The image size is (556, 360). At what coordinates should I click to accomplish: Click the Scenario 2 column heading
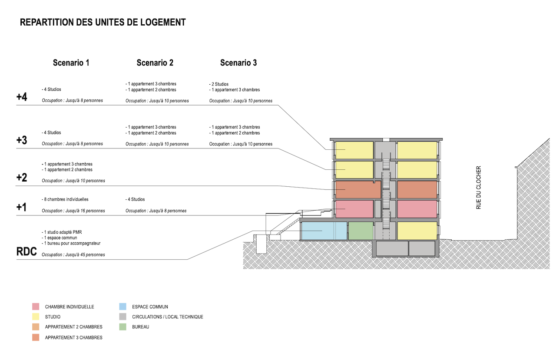[x=155, y=63]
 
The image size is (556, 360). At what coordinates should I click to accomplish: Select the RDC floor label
[x=26, y=252]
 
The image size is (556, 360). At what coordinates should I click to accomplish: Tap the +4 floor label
[x=22, y=97]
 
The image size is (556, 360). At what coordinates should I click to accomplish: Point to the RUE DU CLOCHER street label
[x=479, y=188]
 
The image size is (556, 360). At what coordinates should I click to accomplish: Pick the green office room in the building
[x=361, y=231]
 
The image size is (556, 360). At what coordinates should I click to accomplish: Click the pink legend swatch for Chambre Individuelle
[x=36, y=307]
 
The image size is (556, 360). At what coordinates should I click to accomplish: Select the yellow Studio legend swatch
[x=36, y=317]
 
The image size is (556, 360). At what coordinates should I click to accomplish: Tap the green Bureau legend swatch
[x=123, y=327]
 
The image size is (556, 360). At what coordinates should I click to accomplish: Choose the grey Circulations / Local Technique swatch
[x=123, y=317]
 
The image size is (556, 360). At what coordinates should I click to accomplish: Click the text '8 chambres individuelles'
[x=66, y=199]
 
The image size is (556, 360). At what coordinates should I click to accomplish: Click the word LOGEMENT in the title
[x=162, y=22]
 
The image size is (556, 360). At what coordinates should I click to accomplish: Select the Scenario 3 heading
[x=238, y=63]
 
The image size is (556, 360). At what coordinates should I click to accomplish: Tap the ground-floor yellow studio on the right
[x=417, y=231]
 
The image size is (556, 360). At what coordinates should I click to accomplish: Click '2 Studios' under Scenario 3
[x=220, y=84]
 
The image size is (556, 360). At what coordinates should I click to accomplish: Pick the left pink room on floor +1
[x=354, y=209]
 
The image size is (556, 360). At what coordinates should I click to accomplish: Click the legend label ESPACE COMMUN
[x=150, y=307]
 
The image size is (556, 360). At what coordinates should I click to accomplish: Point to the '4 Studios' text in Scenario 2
[x=136, y=199]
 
